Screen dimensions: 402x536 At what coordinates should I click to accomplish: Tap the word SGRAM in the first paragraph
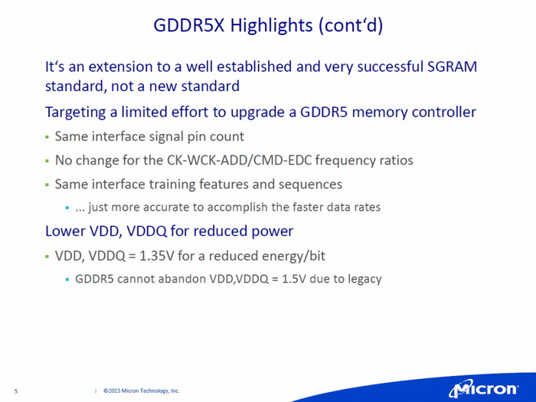(452, 67)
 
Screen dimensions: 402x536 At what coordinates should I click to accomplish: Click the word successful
(372, 67)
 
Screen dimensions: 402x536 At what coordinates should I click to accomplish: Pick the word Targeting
(76, 113)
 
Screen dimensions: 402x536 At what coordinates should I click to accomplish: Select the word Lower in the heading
(64, 230)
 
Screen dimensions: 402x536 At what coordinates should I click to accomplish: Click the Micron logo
(482, 387)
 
